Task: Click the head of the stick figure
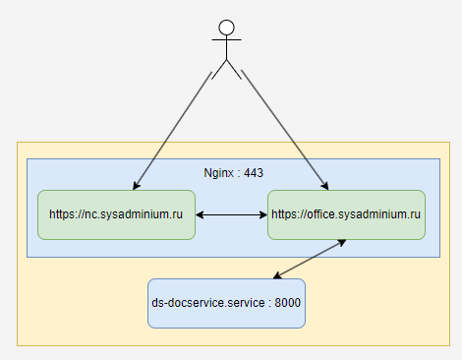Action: (x=226, y=28)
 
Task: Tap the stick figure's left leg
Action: (x=219, y=70)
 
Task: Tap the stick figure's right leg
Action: (x=234, y=70)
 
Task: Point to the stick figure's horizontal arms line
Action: (x=226, y=39)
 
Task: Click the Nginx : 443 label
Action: (x=233, y=173)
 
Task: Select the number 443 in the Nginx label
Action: (x=254, y=173)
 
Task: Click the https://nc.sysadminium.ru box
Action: (x=116, y=214)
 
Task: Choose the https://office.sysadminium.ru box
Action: (x=346, y=214)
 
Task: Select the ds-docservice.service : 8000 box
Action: (x=226, y=303)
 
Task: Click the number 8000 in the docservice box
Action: (x=287, y=303)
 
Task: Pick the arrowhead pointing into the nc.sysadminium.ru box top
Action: (x=136, y=186)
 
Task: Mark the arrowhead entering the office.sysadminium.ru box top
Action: (x=325, y=186)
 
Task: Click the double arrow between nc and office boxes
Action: (x=231, y=214)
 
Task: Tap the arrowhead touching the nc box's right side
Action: (x=200, y=214)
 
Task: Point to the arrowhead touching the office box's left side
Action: (x=263, y=214)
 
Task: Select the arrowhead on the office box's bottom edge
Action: (x=342, y=242)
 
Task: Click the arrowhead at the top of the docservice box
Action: (x=277, y=275)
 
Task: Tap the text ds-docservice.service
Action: (x=208, y=303)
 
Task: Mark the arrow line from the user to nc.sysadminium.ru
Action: (x=172, y=131)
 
